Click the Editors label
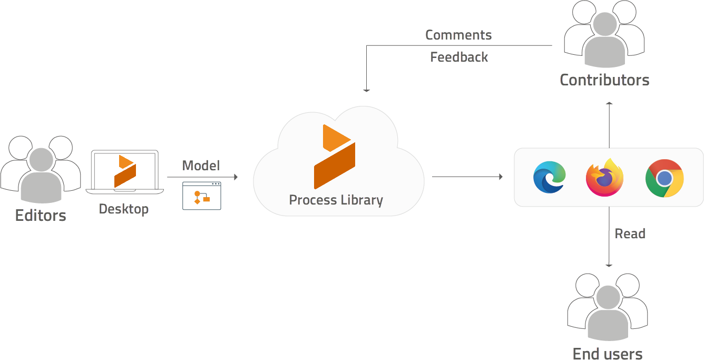click(41, 216)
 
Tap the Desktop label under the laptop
click(124, 209)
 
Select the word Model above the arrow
click(201, 166)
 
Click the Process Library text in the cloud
click(336, 200)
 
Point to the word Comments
click(458, 35)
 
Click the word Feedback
click(459, 57)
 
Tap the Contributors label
click(604, 80)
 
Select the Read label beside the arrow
click(630, 233)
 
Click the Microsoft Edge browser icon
click(549, 177)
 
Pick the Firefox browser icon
click(605, 178)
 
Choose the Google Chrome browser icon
click(664, 178)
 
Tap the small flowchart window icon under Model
click(202, 196)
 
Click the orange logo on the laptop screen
click(125, 170)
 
